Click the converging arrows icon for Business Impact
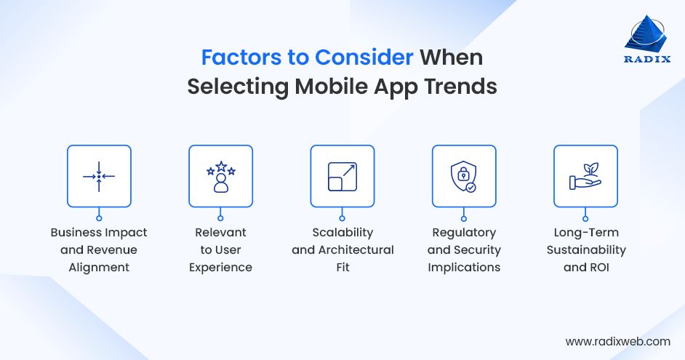99,177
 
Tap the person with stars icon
220,177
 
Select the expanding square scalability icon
342,177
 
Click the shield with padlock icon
464,177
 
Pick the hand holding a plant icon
585,177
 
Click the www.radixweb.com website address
617,340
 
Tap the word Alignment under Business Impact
99,267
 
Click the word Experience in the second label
220,267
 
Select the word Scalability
342,233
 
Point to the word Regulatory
464,233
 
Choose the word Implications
464,267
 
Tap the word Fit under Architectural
342,267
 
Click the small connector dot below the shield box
464,217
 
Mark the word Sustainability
585,249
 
